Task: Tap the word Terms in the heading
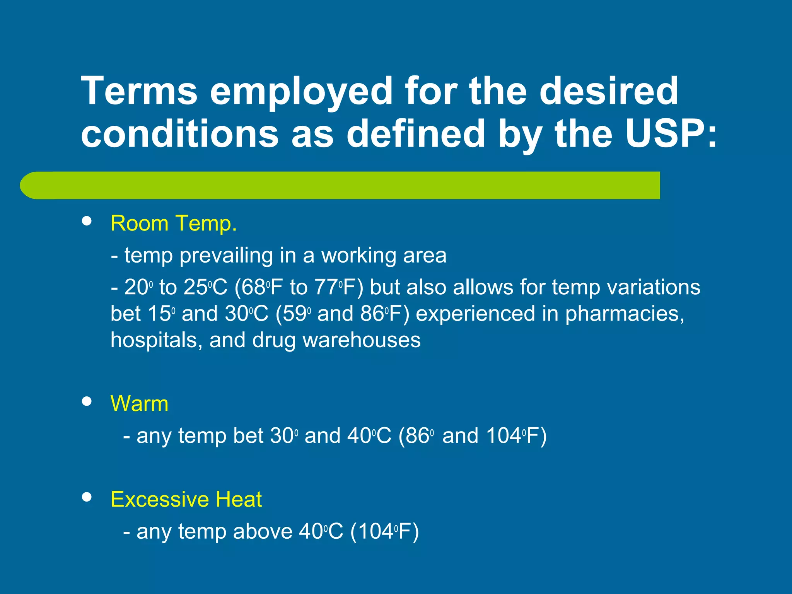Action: (139, 91)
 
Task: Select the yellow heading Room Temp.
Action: (174, 224)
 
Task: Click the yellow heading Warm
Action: (140, 404)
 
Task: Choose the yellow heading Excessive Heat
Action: (186, 499)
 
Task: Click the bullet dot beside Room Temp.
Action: (87, 221)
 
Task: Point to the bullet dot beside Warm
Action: (87, 401)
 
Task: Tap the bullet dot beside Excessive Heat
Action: (87, 497)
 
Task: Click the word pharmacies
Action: (624, 314)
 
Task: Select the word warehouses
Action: (361, 340)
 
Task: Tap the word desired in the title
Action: (609, 91)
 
